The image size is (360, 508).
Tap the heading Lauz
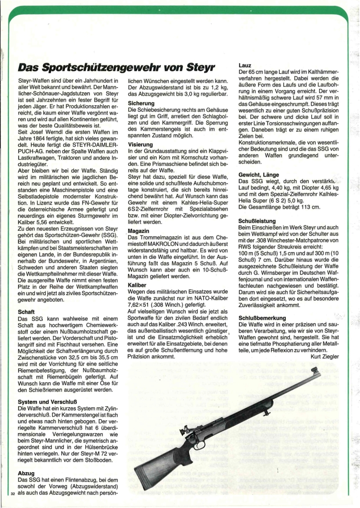pyautogui.click(x=245, y=66)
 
